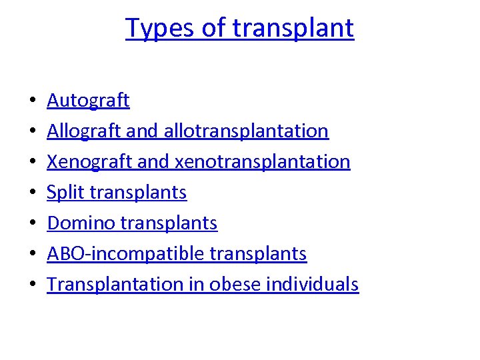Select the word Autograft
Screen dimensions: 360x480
tap(88, 101)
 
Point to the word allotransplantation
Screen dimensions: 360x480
tap(246, 131)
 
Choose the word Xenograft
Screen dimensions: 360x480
tap(89, 162)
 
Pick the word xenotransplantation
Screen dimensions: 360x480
tap(262, 162)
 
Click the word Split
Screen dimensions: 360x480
tap(65, 193)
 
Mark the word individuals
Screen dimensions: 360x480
tap(313, 285)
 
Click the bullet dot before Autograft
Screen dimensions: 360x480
tap(33, 102)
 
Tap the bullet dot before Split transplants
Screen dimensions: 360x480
tap(33, 194)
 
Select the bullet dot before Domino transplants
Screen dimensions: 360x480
tap(33, 225)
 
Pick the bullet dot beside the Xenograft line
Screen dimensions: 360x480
tap(33, 163)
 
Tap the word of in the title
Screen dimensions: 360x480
tap(215, 29)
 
